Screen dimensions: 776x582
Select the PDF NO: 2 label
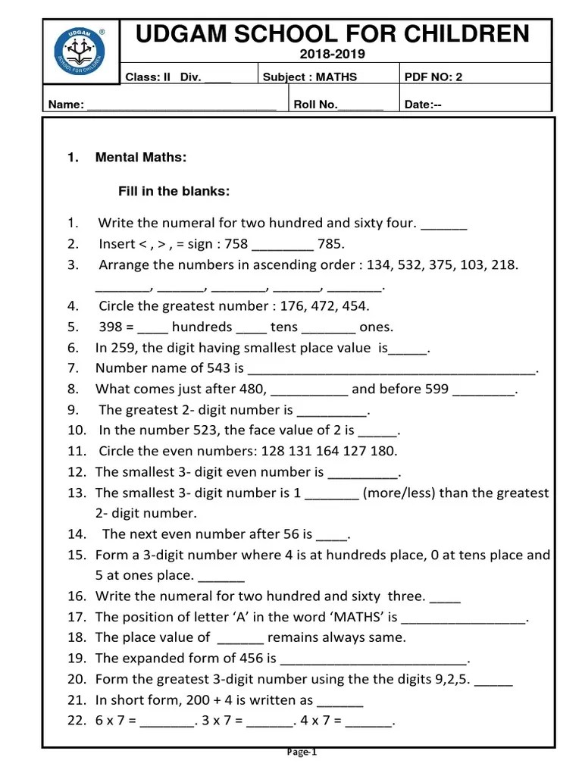[x=435, y=77]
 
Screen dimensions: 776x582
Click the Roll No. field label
[x=316, y=105]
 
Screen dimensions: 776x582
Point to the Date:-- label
[x=423, y=105]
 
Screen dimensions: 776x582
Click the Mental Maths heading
[x=141, y=158]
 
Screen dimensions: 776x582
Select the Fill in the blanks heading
[x=174, y=191]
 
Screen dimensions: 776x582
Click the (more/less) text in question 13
[x=397, y=493]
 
